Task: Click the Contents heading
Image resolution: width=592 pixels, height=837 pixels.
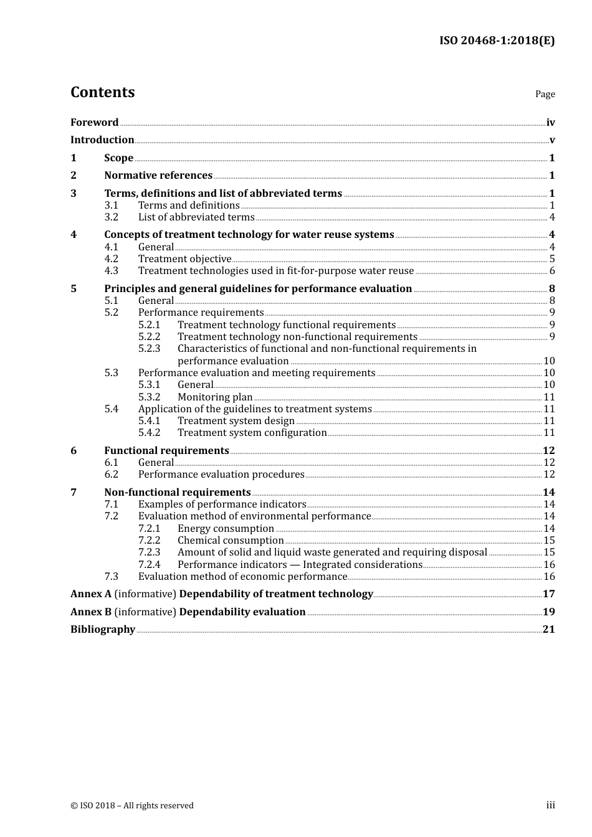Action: point(102,92)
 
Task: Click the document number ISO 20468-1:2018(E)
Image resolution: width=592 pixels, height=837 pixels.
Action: point(497,40)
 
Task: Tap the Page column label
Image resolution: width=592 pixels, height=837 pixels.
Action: point(545,94)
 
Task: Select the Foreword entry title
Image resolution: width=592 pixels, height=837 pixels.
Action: point(94,123)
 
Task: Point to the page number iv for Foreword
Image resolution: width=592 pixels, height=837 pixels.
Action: point(550,123)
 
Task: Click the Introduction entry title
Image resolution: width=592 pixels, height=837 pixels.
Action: point(102,140)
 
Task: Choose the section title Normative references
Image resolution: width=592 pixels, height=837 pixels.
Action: point(158,176)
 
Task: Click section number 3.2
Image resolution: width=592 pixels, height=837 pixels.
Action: point(111,217)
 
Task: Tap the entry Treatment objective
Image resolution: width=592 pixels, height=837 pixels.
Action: point(184,259)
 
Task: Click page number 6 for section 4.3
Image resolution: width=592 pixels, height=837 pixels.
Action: point(552,271)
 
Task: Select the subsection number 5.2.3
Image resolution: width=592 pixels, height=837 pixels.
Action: point(149,349)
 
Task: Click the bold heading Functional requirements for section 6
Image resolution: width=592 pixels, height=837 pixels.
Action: point(166,451)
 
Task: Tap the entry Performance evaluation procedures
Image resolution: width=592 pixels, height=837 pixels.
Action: point(221,475)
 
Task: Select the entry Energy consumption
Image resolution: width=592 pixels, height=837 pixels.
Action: point(226,529)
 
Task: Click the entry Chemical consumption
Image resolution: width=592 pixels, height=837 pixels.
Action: point(231,541)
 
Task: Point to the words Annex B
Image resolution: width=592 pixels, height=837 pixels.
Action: point(91,612)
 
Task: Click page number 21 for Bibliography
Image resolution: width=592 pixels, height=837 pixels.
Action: point(548,630)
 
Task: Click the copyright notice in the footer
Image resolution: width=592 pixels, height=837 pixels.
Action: point(132,806)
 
